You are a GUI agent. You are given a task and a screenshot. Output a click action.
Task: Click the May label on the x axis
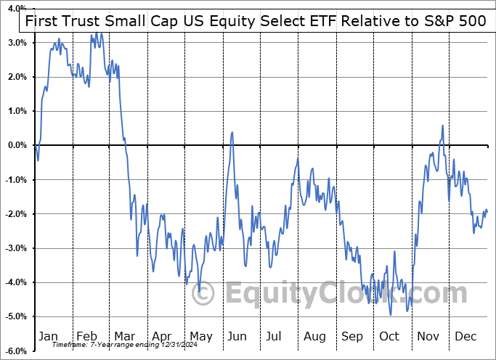[x=201, y=337]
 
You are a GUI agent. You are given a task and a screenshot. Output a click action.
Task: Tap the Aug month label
[x=315, y=337]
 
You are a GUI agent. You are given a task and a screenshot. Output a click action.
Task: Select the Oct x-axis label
[x=390, y=337]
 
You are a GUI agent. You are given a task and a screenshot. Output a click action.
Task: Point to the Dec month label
[x=466, y=337]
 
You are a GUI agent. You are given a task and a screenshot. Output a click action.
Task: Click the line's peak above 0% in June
[x=232, y=132]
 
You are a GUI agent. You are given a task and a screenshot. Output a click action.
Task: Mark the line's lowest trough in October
[x=391, y=314]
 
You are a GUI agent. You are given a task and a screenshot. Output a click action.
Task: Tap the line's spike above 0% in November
[x=442, y=126]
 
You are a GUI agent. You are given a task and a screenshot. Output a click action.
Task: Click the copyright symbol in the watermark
[x=206, y=293]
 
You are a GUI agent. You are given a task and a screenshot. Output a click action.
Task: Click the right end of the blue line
[x=487, y=212]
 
